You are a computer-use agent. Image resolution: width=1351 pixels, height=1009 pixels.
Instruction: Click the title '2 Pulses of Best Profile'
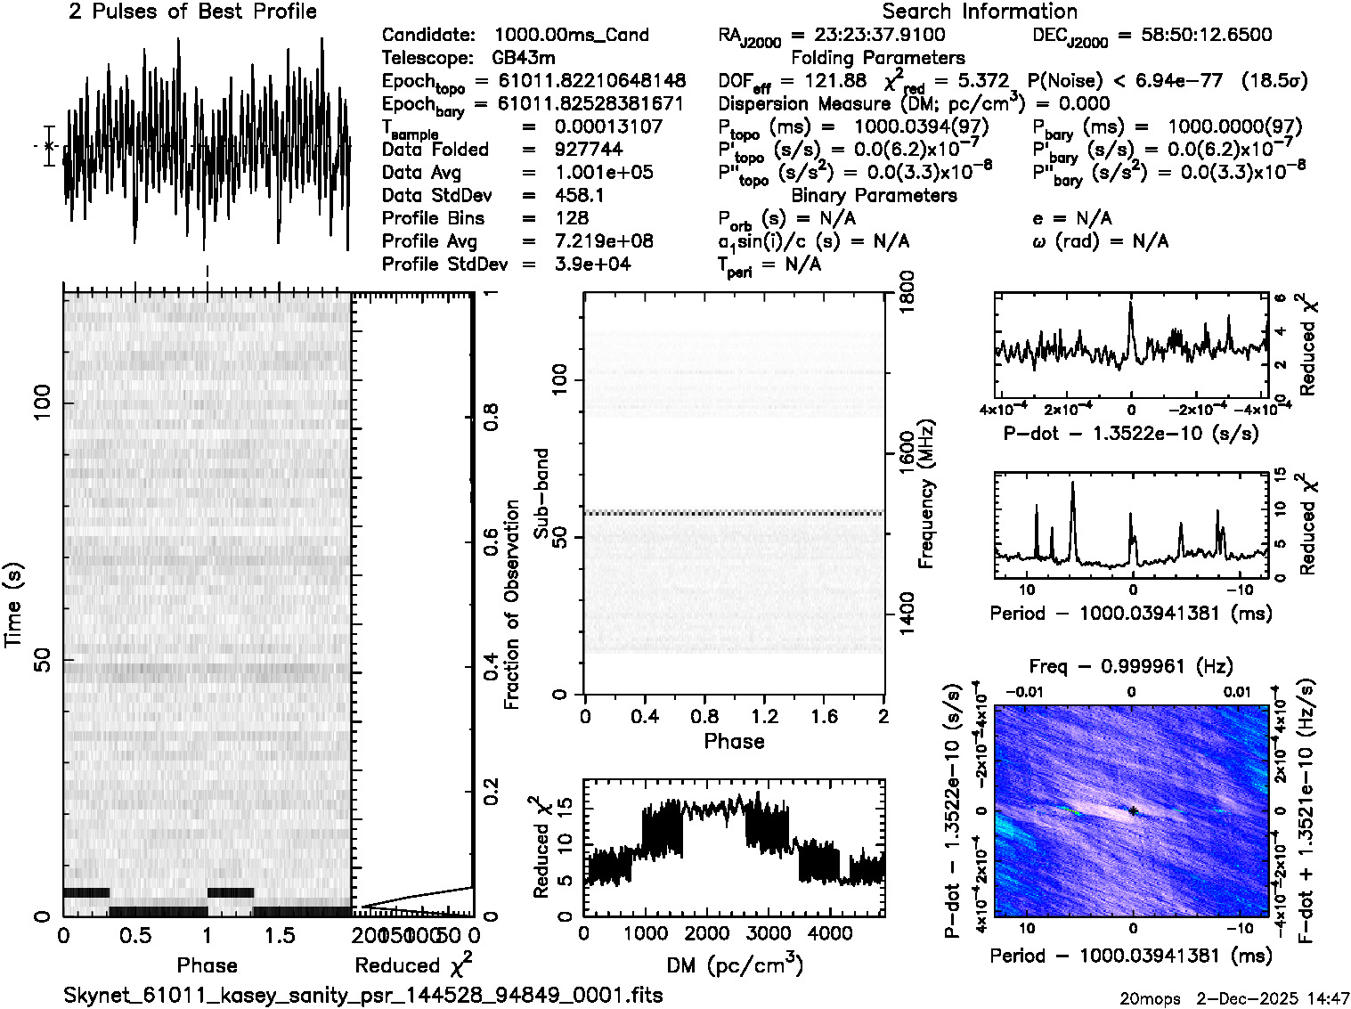[192, 12]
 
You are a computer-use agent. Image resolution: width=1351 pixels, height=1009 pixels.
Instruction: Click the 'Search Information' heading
[979, 12]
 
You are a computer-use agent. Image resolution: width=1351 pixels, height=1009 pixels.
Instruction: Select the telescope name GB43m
[524, 58]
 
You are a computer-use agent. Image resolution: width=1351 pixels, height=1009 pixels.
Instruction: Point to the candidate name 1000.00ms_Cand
[571, 35]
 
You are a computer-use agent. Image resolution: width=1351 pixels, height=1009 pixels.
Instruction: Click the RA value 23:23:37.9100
[879, 35]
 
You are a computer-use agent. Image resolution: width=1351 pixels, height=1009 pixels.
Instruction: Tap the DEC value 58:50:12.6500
[1194, 35]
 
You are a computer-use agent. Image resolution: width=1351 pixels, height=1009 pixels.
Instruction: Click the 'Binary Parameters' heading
[874, 195]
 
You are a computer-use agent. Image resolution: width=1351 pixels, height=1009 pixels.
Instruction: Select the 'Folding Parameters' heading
[877, 58]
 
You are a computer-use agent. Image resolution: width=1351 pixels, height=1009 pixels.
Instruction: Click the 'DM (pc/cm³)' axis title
[735, 965]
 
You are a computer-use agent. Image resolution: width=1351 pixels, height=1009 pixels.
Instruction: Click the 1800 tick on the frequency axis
[907, 291]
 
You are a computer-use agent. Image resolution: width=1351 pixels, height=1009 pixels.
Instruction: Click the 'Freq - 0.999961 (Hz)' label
[1131, 666]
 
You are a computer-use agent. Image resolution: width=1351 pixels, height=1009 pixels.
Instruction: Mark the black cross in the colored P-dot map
[1133, 810]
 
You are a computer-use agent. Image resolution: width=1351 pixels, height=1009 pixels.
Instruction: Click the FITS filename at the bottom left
[363, 995]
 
